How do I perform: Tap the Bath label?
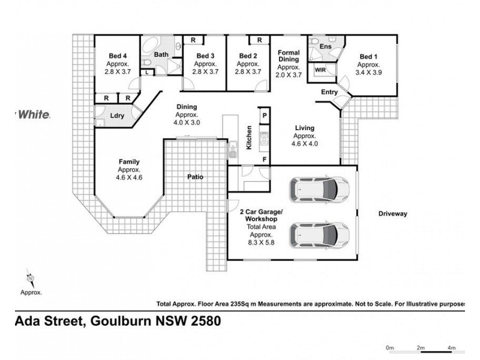coord(161,55)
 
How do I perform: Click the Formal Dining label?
coord(288,56)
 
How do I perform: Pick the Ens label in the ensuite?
coord(326,46)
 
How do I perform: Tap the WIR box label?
coord(321,70)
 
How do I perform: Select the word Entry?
coord(329,92)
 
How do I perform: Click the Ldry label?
coord(117,116)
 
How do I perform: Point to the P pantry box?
coord(263,115)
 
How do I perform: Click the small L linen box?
coord(148,73)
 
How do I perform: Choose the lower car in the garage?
coord(318,235)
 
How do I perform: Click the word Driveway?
coord(393,214)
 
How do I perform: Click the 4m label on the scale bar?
coord(452,347)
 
